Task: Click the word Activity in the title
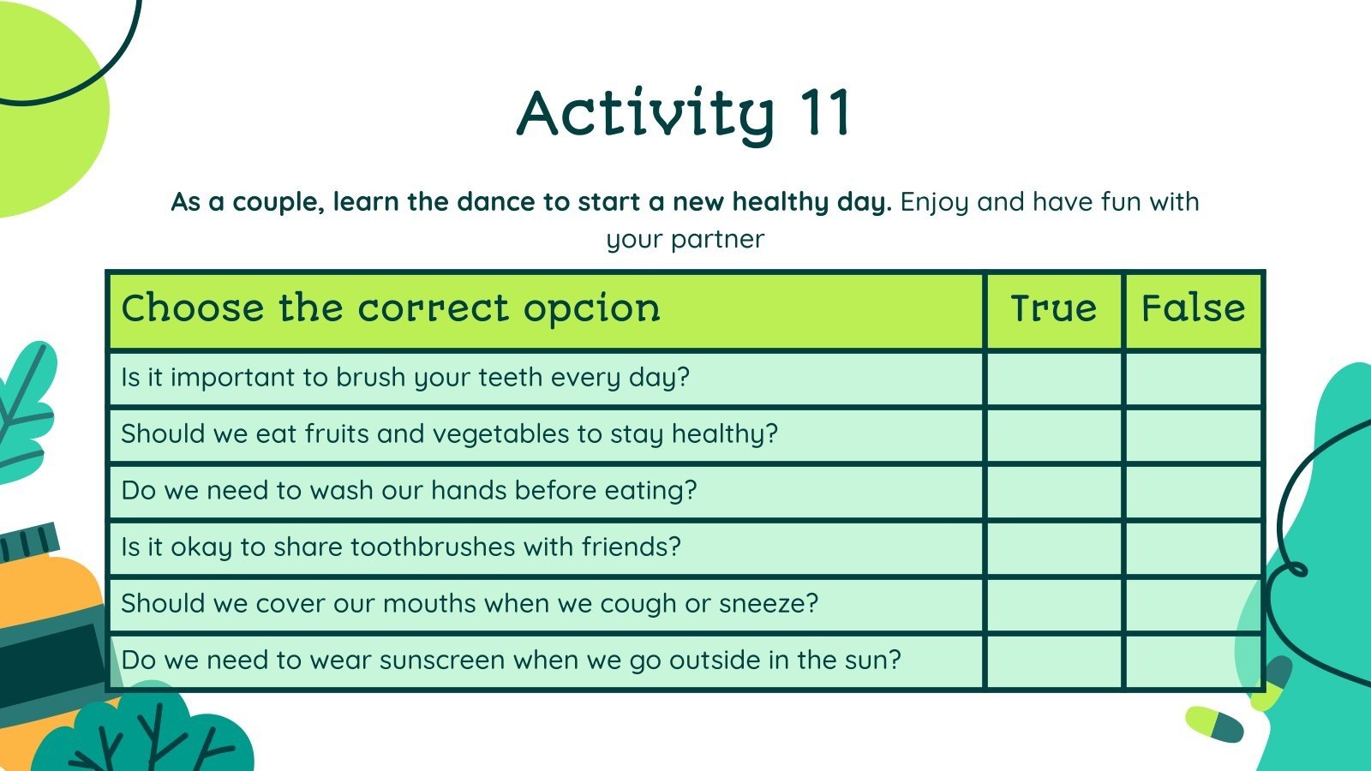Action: (x=646, y=117)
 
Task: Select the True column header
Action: (x=1053, y=308)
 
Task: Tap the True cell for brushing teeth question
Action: (x=1053, y=378)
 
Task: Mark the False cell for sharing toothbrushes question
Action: (x=1193, y=547)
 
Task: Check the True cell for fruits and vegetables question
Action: (x=1053, y=435)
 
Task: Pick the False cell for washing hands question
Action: (x=1193, y=492)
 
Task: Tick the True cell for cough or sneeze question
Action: (x=1053, y=605)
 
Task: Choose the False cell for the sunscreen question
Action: (x=1193, y=661)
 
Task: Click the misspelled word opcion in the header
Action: (x=592, y=309)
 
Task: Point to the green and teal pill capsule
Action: (x=1214, y=725)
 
